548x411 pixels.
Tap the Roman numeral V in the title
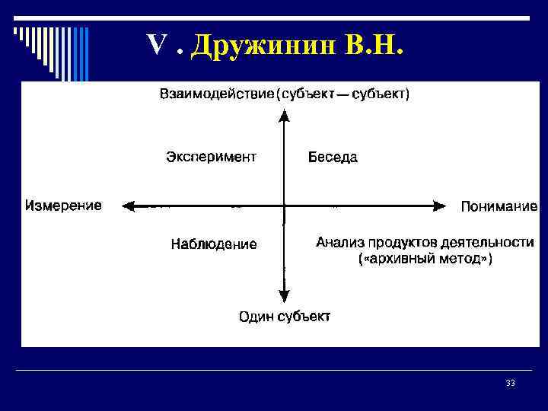157,47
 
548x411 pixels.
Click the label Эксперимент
211,158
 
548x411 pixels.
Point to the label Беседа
333,158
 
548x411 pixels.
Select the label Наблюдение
214,244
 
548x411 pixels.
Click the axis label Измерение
63,205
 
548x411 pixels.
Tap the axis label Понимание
499,205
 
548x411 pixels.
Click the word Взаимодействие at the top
216,94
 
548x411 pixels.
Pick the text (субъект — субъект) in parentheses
343,94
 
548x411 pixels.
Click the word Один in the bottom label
256,317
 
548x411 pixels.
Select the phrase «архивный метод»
425,260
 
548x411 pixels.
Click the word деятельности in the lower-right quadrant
490,243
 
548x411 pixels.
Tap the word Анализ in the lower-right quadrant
339,243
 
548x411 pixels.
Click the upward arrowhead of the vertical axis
284,115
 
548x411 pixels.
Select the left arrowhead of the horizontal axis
129,205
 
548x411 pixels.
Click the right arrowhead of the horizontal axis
439,205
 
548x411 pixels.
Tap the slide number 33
510,384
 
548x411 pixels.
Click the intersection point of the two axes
284,205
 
